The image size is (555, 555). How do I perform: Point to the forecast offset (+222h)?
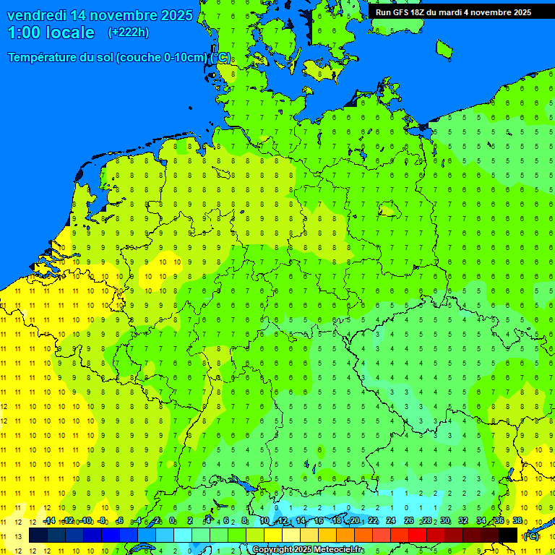128,33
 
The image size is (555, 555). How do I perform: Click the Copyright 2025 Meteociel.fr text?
308,550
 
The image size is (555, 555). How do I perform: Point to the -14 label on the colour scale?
49,521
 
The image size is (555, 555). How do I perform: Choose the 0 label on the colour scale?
172,521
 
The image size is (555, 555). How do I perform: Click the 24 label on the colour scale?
390,521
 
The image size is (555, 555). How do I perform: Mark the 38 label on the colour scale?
517,521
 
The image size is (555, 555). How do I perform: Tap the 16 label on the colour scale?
318,521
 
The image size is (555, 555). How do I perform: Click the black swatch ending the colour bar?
508,535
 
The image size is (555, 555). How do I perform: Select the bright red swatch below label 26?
418,535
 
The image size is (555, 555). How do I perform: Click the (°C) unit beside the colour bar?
531,535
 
